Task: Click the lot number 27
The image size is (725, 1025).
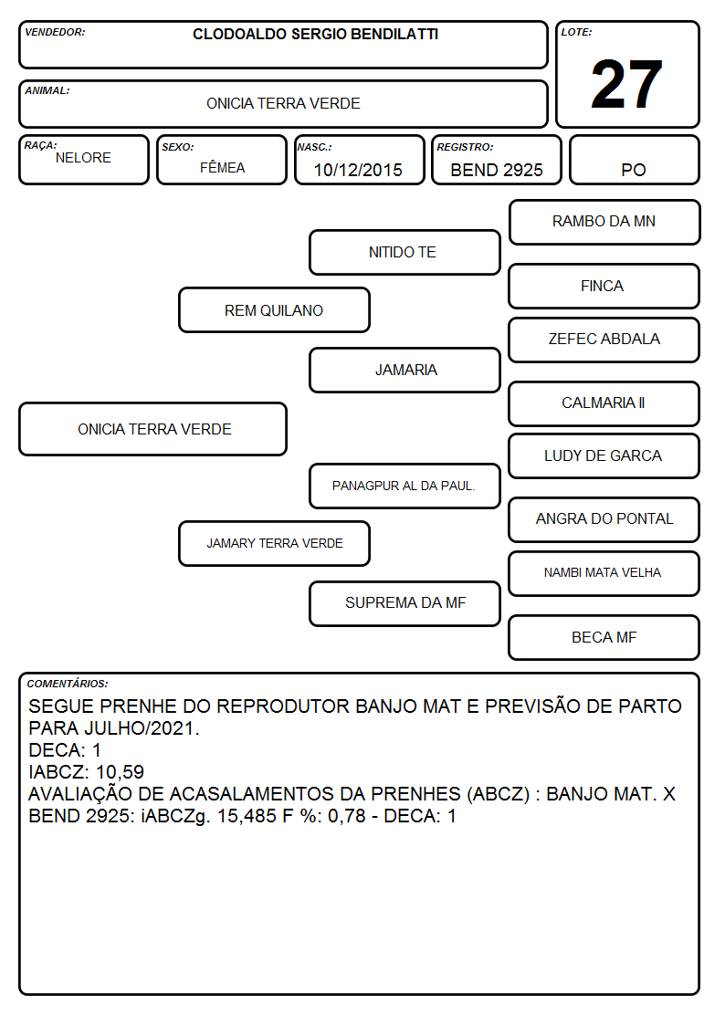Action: coord(626,84)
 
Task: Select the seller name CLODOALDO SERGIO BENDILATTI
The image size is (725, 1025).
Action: coord(315,34)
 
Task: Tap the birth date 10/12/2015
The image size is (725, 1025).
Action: coord(358,170)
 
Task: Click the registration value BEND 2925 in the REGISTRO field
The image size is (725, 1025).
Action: coord(496,170)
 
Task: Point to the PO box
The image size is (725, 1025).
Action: coord(634,160)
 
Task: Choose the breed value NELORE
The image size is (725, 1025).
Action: coord(83,158)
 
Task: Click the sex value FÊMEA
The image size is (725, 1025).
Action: coord(222,167)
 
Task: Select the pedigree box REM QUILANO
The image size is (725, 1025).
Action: coord(274,310)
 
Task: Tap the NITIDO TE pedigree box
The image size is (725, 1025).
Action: coord(405,252)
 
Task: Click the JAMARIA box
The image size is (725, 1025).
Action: coord(405,370)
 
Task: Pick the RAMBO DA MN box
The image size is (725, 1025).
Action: coord(604,223)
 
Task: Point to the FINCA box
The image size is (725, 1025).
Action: coord(604,287)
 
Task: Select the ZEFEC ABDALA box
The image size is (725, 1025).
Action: coord(604,340)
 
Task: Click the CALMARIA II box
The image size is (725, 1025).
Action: coord(604,404)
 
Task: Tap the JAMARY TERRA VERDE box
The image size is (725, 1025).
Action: coord(274,544)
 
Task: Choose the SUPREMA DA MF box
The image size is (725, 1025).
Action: coord(405,604)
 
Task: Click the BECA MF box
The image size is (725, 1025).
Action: coord(604,637)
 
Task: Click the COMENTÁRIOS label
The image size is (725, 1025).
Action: coord(68,684)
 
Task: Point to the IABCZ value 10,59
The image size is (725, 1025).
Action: coord(120,772)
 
